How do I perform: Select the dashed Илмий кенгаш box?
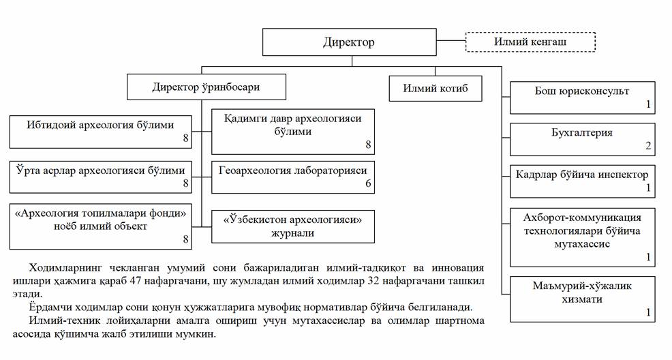click(530, 42)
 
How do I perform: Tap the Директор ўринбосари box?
click(206, 87)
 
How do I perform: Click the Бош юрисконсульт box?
click(582, 97)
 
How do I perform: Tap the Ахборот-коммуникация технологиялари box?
click(582, 237)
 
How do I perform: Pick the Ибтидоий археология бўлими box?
click(101, 131)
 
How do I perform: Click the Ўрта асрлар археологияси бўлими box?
click(101, 176)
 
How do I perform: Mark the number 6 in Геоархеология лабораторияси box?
click(368, 184)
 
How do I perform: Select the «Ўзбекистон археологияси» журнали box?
click(293, 226)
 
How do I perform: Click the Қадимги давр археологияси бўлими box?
click(293, 131)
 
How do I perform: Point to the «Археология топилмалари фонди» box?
click(101, 225)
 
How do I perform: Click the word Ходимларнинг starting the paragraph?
click(62, 267)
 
